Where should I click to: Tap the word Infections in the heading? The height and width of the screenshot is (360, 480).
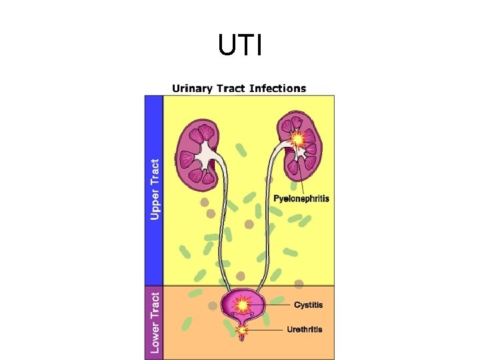click(x=279, y=88)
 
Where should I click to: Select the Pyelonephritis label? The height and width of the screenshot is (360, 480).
click(x=301, y=199)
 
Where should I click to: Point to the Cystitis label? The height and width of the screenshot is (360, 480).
click(x=308, y=305)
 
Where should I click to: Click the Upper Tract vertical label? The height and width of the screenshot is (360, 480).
click(x=155, y=189)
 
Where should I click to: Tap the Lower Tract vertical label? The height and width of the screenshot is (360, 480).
click(x=155, y=323)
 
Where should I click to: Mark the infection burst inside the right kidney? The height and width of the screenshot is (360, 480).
click(x=298, y=139)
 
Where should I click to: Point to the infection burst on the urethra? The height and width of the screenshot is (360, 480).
click(x=243, y=329)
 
